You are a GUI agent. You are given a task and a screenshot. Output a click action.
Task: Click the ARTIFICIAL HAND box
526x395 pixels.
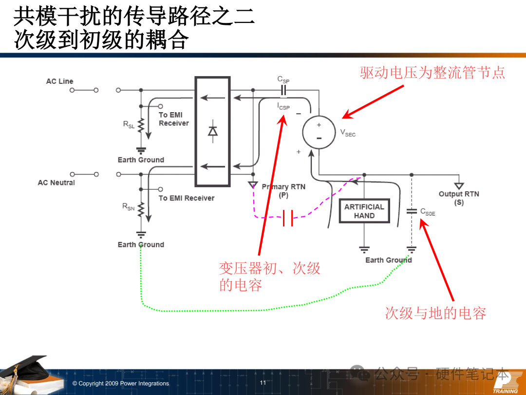tap(364, 211)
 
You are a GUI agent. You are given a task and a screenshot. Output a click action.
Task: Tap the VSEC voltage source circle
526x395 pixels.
tap(319, 132)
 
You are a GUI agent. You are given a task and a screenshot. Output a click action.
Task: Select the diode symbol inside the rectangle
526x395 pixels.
tap(212, 131)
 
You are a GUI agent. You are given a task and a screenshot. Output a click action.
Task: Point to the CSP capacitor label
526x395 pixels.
tap(283, 79)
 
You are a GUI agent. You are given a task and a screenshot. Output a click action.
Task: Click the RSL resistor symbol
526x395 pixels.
tap(141, 126)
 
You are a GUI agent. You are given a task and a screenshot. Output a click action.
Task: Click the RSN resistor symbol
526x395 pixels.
tap(141, 209)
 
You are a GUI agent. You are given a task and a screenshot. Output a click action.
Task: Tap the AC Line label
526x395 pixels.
tap(59, 81)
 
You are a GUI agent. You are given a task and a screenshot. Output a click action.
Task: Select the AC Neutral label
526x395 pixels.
tap(56, 183)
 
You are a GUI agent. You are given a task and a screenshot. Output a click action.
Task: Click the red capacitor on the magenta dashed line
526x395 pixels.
tap(288, 218)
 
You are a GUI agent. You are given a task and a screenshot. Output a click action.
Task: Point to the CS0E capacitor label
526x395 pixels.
tap(428, 212)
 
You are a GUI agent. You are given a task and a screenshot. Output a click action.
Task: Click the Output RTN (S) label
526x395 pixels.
tap(459, 197)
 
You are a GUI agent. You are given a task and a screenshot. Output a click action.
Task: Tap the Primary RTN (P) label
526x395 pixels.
tap(283, 191)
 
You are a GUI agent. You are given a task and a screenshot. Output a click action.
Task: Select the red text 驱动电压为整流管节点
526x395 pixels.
tap(432, 73)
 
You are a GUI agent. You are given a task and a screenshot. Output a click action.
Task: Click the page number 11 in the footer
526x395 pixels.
tap(263, 383)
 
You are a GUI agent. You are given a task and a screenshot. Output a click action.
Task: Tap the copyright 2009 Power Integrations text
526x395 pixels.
tap(120, 384)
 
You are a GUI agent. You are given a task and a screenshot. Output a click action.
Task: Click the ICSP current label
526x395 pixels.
tap(283, 106)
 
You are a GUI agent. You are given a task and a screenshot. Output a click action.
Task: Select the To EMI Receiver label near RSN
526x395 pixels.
tap(186, 198)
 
